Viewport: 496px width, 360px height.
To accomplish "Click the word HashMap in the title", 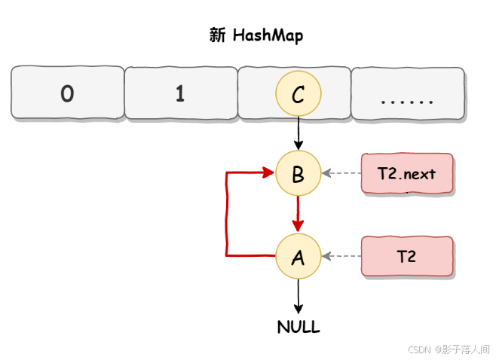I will pyautogui.click(x=268, y=35).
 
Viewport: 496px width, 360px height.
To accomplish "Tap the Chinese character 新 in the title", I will pyautogui.click(x=217, y=35).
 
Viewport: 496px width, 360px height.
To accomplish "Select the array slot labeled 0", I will pyautogui.click(x=67, y=93).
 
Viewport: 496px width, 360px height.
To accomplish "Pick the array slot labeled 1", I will pyautogui.click(x=179, y=93).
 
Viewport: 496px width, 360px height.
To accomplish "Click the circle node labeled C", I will pyautogui.click(x=299, y=93).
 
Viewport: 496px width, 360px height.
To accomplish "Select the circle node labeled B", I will pyautogui.click(x=299, y=173).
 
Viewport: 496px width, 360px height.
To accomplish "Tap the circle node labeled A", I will pyautogui.click(x=299, y=256).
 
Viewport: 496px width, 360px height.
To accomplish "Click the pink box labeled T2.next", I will pyautogui.click(x=407, y=173).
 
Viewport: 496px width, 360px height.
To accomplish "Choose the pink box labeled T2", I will pyautogui.click(x=407, y=256).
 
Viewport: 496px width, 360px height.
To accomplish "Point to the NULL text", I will pyautogui.click(x=299, y=327).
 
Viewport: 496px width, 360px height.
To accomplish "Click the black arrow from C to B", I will pyautogui.click(x=299, y=133).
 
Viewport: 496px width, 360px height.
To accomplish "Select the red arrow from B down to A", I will pyautogui.click(x=299, y=214).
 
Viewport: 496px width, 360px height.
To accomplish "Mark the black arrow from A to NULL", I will pyautogui.click(x=299, y=296).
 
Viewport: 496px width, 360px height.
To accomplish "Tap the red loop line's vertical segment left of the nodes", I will pyautogui.click(x=227, y=215).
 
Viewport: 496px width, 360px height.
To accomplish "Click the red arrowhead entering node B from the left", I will pyautogui.click(x=268, y=173).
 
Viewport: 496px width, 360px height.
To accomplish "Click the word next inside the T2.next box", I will pyautogui.click(x=418, y=173).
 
